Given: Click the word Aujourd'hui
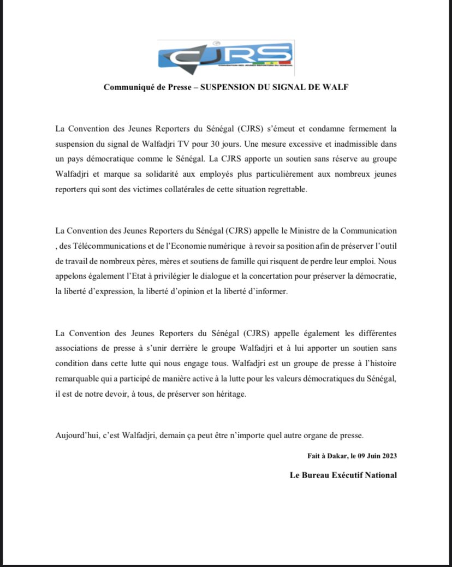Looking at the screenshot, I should [x=77, y=435].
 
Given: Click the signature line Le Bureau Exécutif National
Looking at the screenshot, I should [x=343, y=475].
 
